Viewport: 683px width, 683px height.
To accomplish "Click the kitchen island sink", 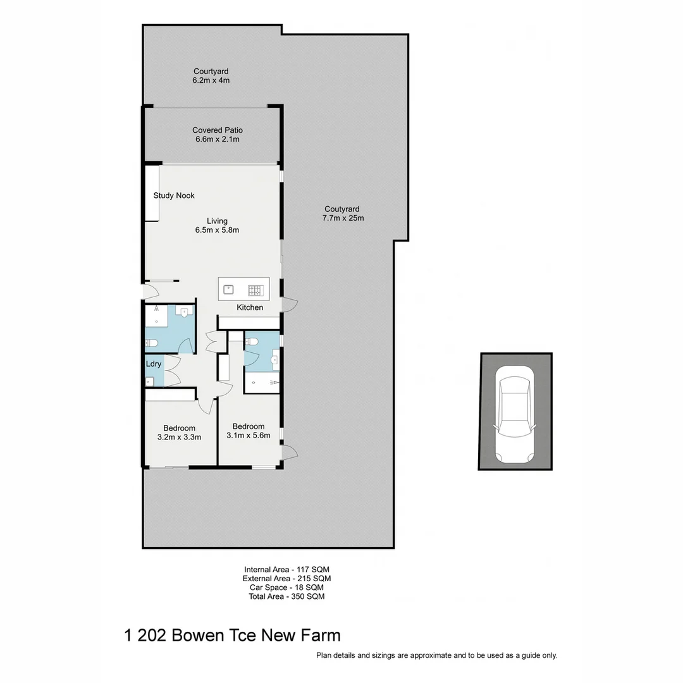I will click(x=228, y=290).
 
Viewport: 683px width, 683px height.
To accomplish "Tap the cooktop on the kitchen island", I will click(x=255, y=290).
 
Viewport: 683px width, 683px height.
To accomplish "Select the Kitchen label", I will click(x=250, y=307).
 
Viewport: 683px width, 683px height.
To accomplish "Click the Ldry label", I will click(x=154, y=364).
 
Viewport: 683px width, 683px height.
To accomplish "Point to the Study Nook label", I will click(x=174, y=195).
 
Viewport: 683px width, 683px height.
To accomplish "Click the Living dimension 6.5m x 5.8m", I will click(x=217, y=230).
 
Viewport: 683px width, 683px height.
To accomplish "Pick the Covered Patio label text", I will click(x=218, y=130).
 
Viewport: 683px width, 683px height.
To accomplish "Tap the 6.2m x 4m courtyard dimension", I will click(x=211, y=80).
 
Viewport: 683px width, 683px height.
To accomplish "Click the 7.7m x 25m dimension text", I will click(x=342, y=218).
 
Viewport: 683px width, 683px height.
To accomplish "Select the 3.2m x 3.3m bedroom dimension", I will click(x=179, y=437).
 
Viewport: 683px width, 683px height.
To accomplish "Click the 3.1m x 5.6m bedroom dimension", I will click(x=249, y=435).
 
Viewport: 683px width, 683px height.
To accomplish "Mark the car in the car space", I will click(x=515, y=415).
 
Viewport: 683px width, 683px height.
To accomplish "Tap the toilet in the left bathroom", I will click(x=152, y=343).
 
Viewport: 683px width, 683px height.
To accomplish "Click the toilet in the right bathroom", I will click(x=252, y=341).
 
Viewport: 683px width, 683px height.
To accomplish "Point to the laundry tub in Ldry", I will click(x=150, y=381).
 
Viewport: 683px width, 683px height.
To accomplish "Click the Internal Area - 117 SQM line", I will click(x=286, y=569).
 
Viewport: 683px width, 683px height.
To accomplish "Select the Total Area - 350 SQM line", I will click(x=286, y=596).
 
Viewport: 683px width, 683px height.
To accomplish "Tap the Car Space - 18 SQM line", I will click(x=286, y=588).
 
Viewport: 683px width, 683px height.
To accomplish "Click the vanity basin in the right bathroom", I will click(x=274, y=362).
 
